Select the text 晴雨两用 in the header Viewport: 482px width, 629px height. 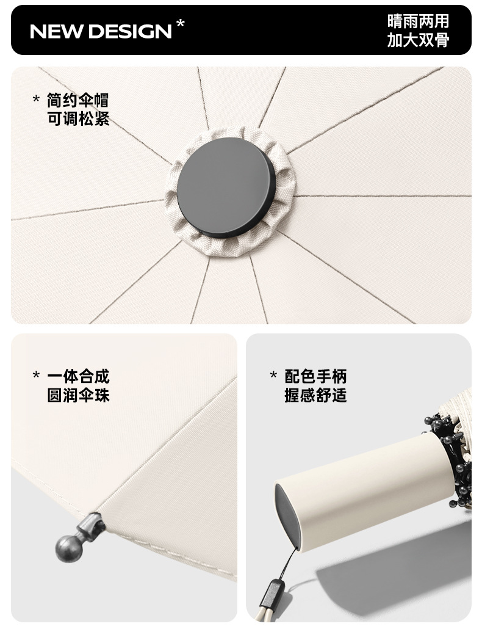point(418,21)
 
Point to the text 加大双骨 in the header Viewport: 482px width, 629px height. point(418,40)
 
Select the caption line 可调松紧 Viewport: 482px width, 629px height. point(78,118)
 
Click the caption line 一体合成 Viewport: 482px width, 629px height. point(78,377)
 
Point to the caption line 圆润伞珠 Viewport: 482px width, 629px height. point(78,395)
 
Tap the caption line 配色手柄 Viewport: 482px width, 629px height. point(315,377)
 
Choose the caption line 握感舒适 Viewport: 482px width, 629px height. point(315,395)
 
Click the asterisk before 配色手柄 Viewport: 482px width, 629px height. point(273,375)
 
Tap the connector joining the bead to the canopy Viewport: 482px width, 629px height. point(89,526)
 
